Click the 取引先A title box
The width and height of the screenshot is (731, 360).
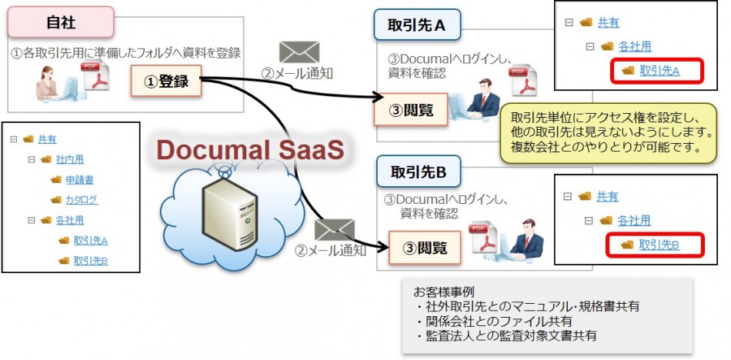(418, 26)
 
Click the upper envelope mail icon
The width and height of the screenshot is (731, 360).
(299, 52)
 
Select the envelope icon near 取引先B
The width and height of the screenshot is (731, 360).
(334, 230)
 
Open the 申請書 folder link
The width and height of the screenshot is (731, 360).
(79, 179)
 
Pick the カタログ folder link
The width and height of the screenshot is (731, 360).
(81, 200)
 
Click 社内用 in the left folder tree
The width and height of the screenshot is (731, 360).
(68, 159)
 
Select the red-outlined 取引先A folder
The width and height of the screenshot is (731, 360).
(659, 71)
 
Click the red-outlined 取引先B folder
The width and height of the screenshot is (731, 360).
(659, 245)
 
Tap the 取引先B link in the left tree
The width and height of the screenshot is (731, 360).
(90, 260)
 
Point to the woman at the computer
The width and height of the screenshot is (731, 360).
(50, 82)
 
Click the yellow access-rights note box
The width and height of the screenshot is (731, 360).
(607, 132)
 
